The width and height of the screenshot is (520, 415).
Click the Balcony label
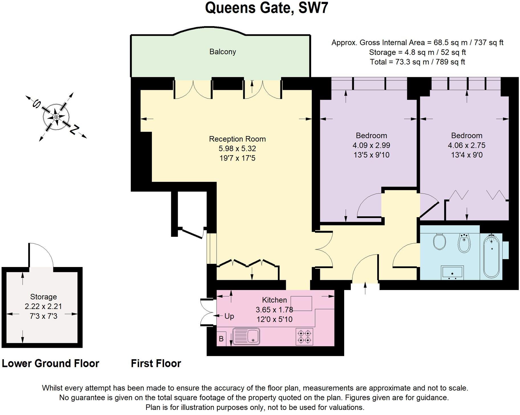[223, 52]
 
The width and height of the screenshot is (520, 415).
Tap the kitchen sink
[246, 336]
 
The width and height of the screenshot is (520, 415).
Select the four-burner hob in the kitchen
[304, 336]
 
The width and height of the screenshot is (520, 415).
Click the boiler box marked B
[221, 339]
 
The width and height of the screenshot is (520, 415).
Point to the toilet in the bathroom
[439, 241]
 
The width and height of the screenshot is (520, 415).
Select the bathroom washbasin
[452, 273]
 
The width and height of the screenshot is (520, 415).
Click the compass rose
[56, 117]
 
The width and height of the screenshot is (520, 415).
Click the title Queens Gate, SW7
[266, 8]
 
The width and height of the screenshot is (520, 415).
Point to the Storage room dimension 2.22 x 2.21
[43, 307]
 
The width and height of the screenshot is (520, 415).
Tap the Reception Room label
[237, 139]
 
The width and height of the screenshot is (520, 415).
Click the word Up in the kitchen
[229, 316]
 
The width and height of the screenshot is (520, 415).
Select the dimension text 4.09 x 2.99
[371, 145]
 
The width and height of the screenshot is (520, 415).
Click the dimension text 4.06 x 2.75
[466, 145]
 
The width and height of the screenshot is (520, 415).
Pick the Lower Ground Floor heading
[50, 363]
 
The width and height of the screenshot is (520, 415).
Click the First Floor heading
[156, 363]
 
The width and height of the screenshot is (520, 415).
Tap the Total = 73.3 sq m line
[417, 62]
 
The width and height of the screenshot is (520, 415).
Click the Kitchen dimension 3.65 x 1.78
[274, 310]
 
